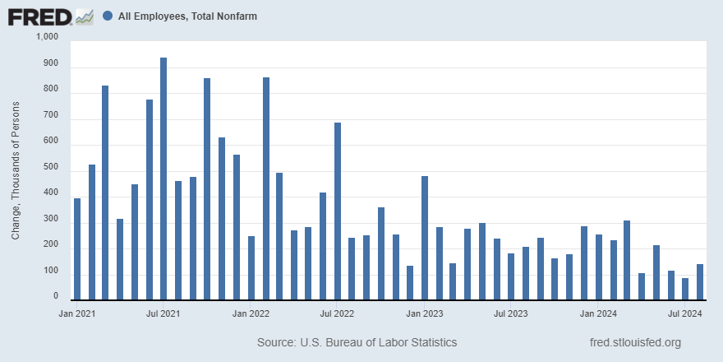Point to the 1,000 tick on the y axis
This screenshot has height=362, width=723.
tap(48, 38)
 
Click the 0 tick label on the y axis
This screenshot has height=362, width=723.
tap(55, 297)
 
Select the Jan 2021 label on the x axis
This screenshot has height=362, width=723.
tap(76, 313)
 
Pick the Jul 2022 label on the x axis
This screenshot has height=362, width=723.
tap(338, 313)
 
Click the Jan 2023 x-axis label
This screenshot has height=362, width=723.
tap(425, 313)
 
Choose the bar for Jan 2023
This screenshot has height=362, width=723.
tap(425, 239)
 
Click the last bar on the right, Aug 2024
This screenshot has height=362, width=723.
tap(700, 282)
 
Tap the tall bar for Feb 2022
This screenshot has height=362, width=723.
tap(265, 189)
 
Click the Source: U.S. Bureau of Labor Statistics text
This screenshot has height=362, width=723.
tap(357, 342)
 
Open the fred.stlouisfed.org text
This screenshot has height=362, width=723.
tap(635, 342)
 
